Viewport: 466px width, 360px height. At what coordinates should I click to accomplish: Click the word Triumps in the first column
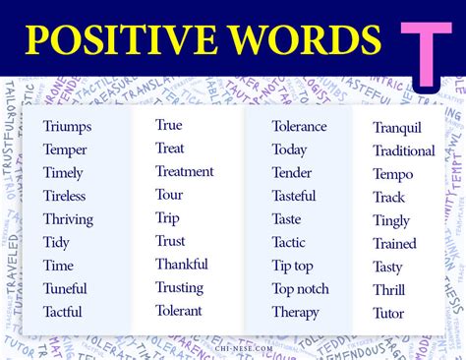[68, 126]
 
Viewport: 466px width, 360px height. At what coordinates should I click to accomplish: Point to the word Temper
[65, 150]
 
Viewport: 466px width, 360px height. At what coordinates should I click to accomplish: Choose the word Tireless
[65, 196]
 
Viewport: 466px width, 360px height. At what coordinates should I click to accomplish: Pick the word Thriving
[68, 219]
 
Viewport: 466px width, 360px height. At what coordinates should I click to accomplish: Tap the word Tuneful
[65, 289]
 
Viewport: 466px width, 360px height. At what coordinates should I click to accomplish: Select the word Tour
[169, 194]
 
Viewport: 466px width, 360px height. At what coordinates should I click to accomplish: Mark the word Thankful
[182, 264]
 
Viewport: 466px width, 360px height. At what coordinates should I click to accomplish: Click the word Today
[290, 149]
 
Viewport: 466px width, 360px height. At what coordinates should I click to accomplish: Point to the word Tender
[292, 172]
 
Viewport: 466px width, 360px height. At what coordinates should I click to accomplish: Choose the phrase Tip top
[292, 266]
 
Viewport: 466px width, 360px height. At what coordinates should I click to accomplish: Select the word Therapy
[296, 312]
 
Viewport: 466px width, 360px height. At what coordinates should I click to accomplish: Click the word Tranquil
[397, 127]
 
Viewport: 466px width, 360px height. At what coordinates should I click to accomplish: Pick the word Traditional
[404, 150]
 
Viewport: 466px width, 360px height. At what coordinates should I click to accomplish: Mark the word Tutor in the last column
[388, 314]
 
